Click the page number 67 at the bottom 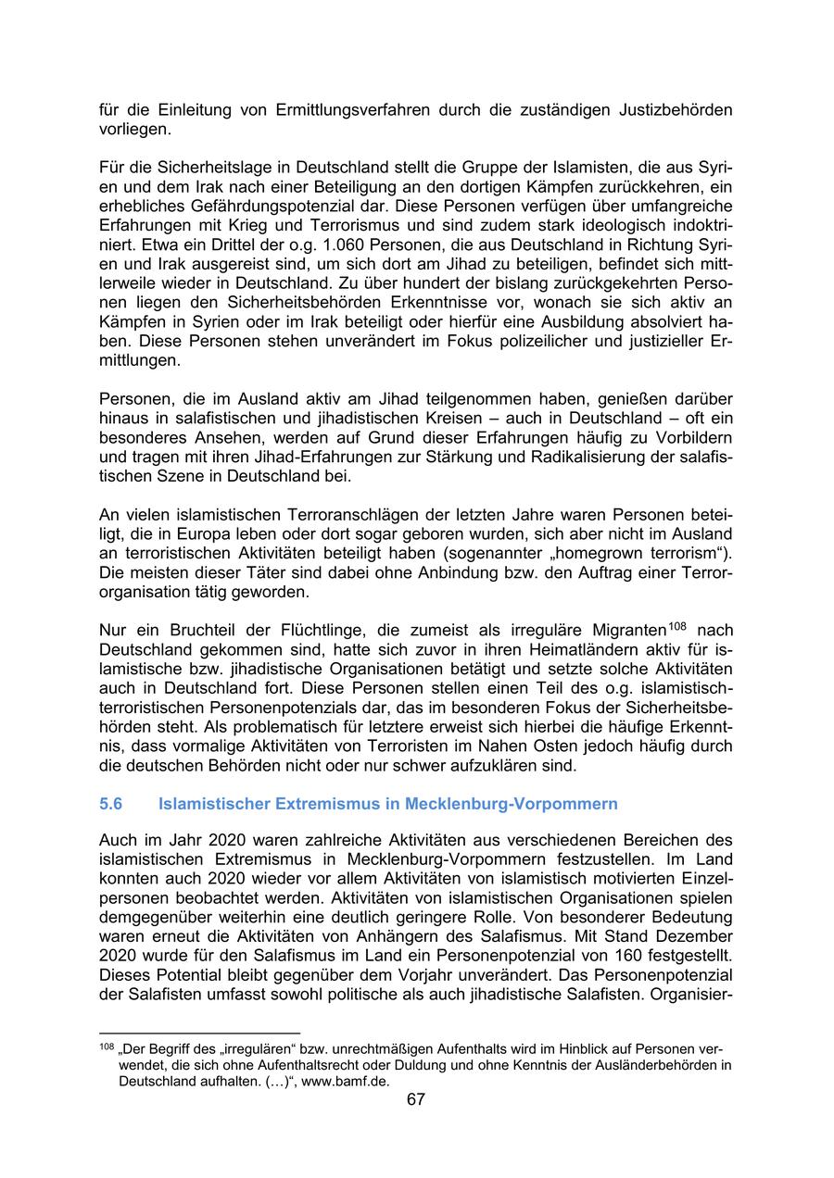coord(416,1099)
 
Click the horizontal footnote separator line coord(200,1032)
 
